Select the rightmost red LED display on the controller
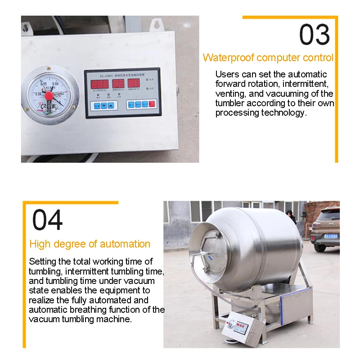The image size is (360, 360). [134, 84]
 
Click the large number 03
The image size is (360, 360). [315, 35]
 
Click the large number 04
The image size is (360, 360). [48, 220]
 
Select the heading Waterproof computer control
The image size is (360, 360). [268, 58]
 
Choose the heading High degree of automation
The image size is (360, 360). [90, 244]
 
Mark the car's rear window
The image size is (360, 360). [330, 215]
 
